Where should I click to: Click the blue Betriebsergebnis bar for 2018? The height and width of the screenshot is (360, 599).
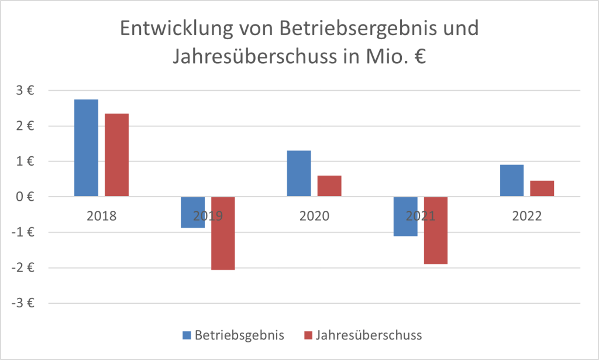(86, 148)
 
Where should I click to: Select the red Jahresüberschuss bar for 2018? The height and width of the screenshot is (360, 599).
(116, 155)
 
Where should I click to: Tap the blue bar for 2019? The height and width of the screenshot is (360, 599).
(192, 212)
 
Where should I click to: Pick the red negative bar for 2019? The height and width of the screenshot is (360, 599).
(223, 233)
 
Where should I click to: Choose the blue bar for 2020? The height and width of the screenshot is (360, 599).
(299, 173)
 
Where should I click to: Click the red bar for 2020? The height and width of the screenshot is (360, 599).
(329, 186)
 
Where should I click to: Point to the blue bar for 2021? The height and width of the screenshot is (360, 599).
(405, 216)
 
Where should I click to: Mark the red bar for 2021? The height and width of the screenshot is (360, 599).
(436, 230)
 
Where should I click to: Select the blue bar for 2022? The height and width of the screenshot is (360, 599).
(512, 180)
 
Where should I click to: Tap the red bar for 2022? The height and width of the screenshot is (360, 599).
(542, 188)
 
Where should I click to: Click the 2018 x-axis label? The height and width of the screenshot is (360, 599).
(101, 215)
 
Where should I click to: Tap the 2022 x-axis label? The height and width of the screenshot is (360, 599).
(527, 215)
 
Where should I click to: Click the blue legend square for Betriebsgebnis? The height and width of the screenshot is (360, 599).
(187, 335)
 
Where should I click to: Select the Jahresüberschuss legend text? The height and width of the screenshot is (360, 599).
(369, 335)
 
